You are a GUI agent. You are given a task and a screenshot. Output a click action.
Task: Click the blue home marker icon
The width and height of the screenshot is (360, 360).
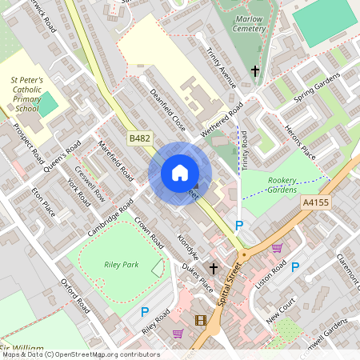(x=180, y=173)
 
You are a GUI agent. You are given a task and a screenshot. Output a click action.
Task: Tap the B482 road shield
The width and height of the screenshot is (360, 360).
(x=140, y=139)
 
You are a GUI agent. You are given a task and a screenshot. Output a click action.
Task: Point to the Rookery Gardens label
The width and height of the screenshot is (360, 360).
(x=282, y=186)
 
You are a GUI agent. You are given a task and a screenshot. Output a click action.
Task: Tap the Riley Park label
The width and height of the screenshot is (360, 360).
(x=121, y=264)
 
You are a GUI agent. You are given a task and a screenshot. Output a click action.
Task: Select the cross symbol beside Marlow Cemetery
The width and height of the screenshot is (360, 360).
(x=255, y=72)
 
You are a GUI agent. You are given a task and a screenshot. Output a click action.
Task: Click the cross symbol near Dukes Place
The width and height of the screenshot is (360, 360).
(x=214, y=268)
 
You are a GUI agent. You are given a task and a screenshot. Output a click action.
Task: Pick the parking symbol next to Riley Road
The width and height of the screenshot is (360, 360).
(x=145, y=312)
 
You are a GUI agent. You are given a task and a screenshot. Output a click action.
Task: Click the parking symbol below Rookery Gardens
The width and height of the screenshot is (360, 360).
(x=239, y=226)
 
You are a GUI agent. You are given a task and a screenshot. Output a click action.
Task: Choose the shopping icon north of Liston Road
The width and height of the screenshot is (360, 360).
(x=277, y=249)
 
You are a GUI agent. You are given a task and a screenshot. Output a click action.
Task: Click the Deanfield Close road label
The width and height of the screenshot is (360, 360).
(x=168, y=110)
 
